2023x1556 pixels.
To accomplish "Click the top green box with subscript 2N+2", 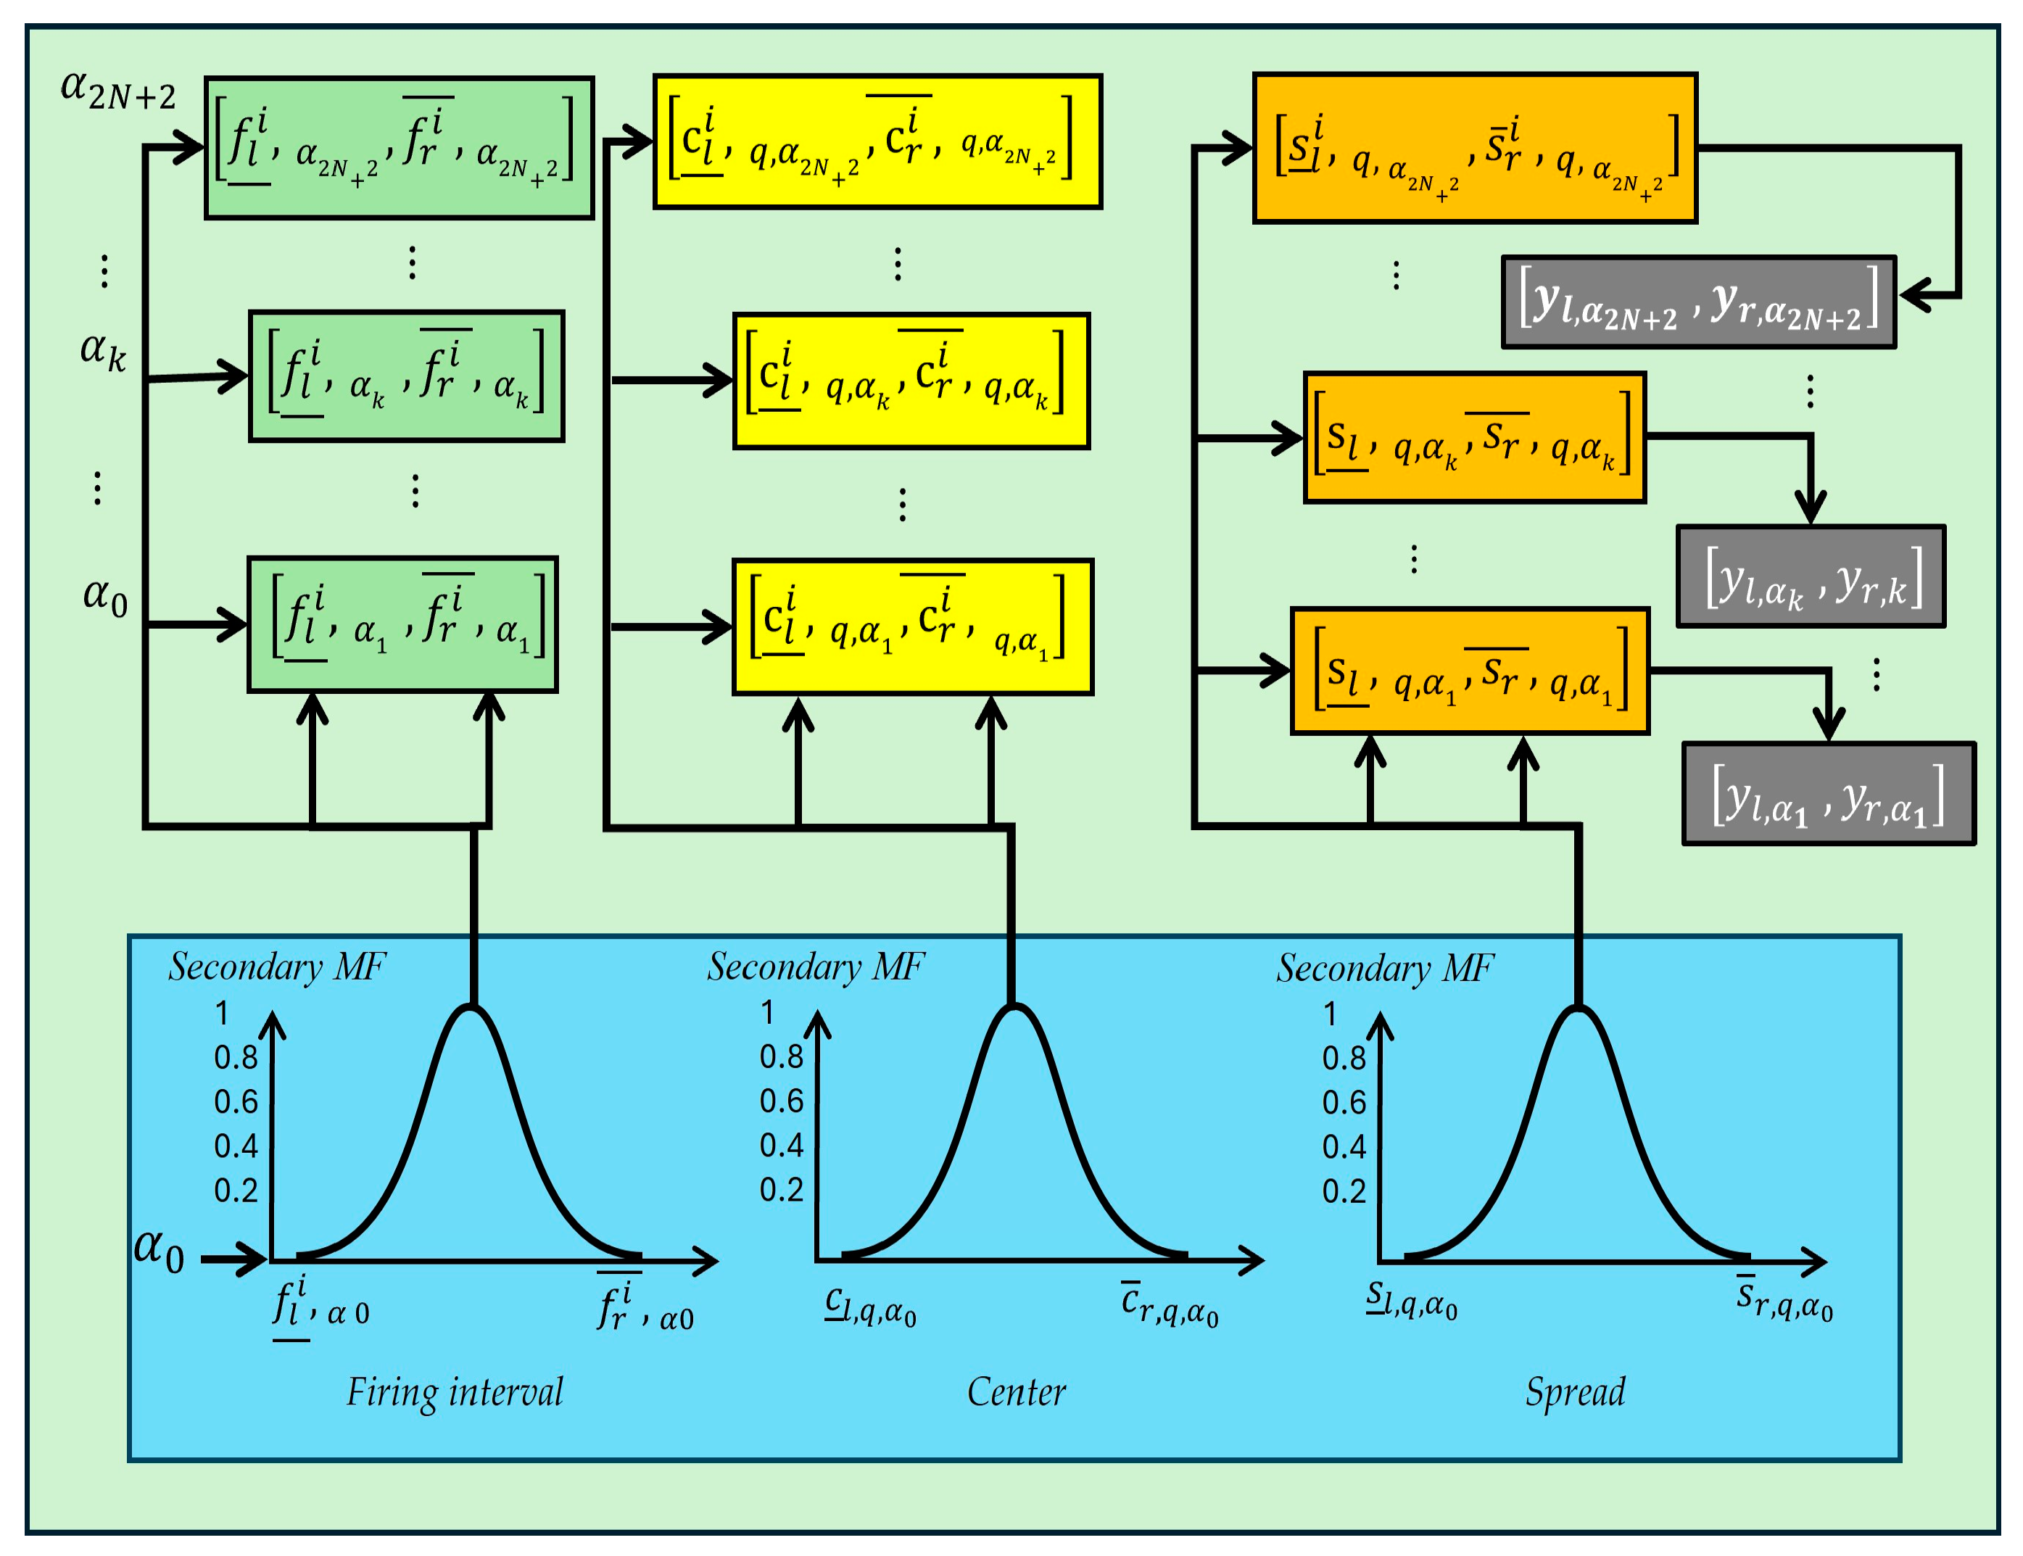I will coord(398,148).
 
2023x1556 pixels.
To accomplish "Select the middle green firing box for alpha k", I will coord(406,376).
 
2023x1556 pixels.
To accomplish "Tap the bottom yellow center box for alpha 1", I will coord(912,627).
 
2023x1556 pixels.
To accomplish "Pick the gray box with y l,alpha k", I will coord(1810,577).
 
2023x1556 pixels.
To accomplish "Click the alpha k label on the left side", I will coord(103,351).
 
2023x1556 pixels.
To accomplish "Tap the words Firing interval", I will coord(455,1392).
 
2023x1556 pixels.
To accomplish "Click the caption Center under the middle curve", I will coord(1016,1392).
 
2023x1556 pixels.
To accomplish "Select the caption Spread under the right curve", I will coord(1575,1392).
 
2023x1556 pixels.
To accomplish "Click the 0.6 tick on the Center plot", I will coord(781,1101).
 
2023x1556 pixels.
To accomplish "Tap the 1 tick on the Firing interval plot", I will coord(223,1013).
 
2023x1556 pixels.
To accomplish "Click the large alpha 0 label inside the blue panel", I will coord(158,1250).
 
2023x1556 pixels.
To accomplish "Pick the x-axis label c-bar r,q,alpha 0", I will coord(1169,1306).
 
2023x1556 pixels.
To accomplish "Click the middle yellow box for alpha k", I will coord(911,381).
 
